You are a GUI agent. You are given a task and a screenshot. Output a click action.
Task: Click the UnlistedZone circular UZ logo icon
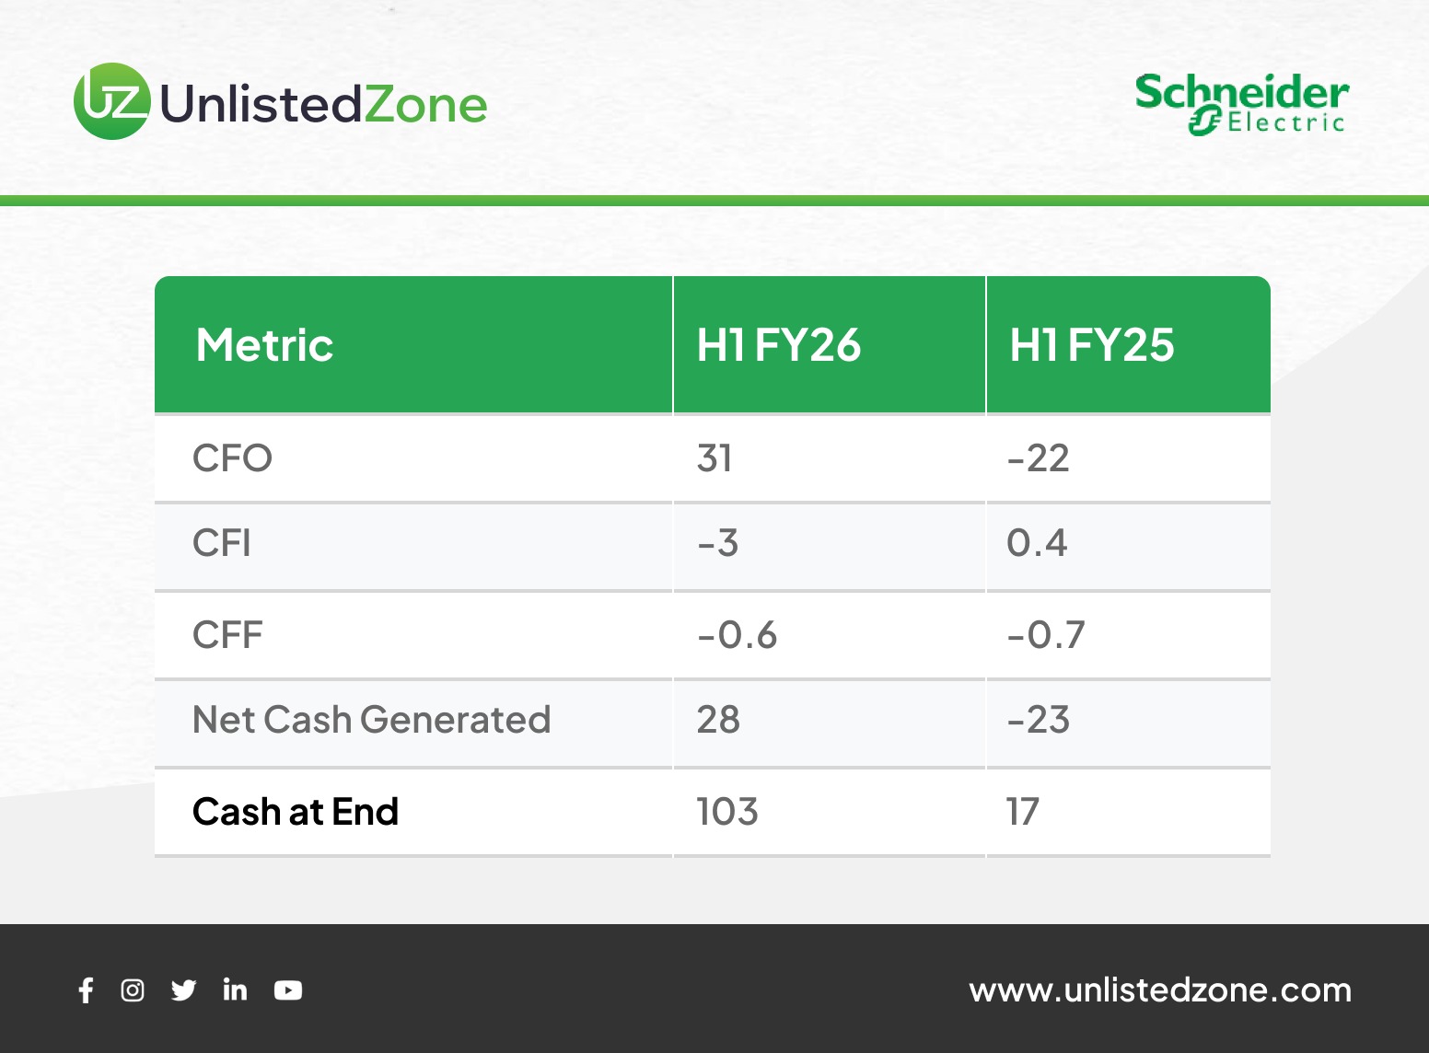(112, 100)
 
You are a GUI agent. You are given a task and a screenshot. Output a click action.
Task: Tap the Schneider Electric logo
(1241, 104)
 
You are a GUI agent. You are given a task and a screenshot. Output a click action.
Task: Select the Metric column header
(264, 345)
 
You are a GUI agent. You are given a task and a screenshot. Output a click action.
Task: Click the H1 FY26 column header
(778, 345)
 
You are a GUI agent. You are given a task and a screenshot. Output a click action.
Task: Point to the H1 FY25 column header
(1091, 345)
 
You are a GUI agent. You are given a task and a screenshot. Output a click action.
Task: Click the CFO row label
(232, 458)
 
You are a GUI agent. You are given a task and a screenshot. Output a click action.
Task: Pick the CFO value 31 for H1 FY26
(714, 458)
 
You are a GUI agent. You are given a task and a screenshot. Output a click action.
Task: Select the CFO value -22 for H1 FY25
(1038, 458)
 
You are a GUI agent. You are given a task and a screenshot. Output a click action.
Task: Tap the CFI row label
(221, 543)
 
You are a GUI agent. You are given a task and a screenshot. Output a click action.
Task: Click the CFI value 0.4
(1037, 543)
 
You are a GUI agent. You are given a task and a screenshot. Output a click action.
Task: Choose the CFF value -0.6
(737, 634)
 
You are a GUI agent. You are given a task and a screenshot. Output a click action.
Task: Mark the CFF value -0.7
(1046, 634)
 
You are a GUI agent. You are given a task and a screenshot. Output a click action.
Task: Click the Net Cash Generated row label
(371, 720)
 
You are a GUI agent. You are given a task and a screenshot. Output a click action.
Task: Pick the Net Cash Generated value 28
(718, 720)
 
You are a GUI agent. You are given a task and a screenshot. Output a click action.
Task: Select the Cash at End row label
(296, 811)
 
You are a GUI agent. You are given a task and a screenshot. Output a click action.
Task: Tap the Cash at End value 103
(727, 811)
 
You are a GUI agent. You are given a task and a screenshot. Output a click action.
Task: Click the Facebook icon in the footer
(87, 990)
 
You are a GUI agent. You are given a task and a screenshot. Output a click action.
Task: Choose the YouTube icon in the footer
(288, 990)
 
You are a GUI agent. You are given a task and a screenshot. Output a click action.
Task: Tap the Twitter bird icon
(184, 990)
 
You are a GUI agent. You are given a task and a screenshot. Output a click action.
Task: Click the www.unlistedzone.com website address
(1160, 990)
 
